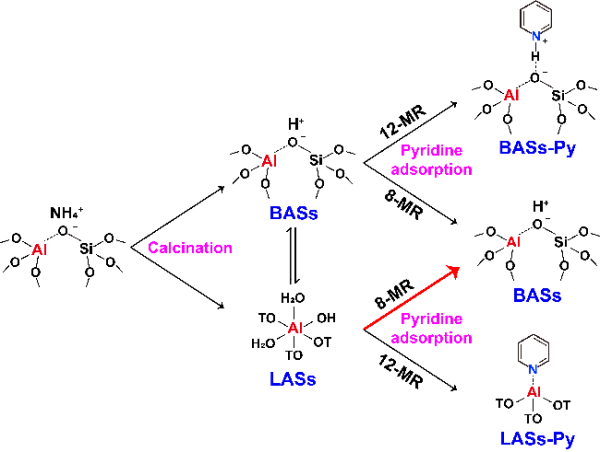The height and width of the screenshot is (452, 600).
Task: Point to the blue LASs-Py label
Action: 537,438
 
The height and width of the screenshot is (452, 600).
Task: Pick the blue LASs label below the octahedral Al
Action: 289,379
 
